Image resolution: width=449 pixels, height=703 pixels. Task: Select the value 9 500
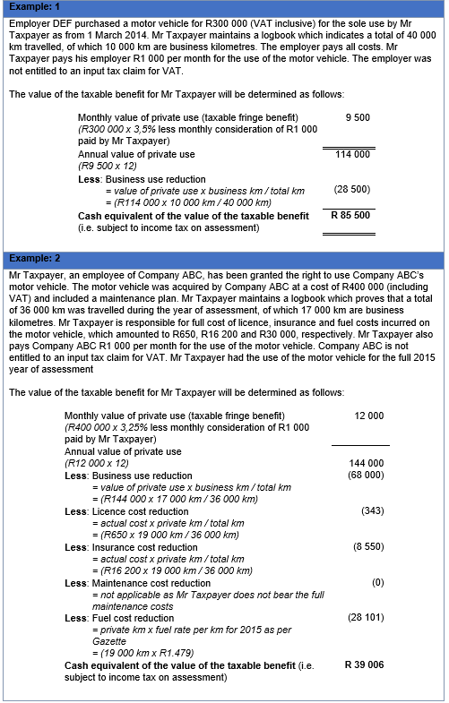pyautogui.click(x=357, y=117)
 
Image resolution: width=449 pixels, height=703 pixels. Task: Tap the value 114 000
pyautogui.click(x=352, y=154)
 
